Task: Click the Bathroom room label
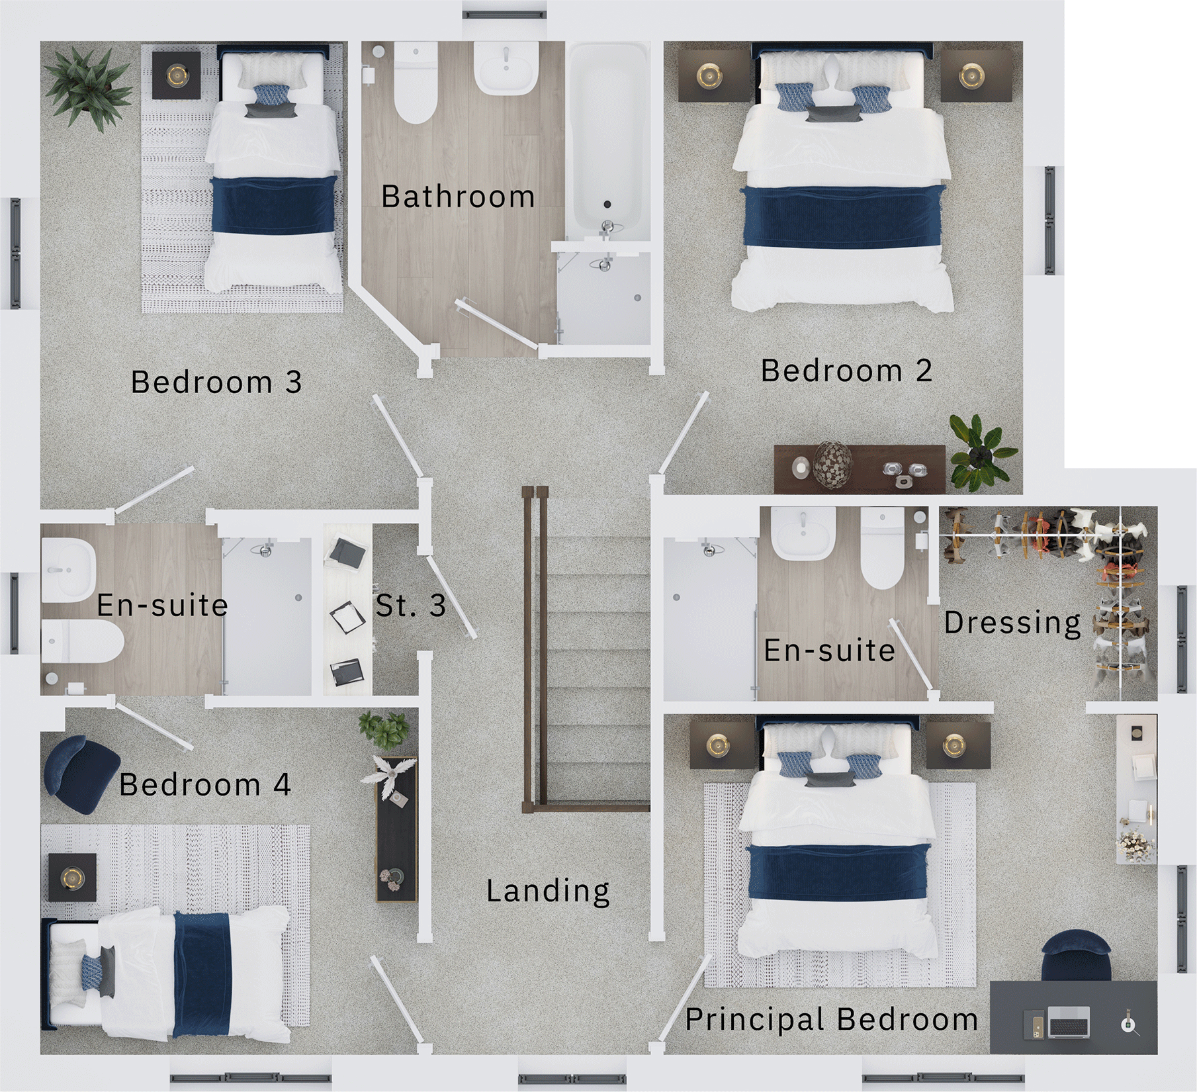click(458, 197)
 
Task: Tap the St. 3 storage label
click(410, 605)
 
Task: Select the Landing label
click(548, 891)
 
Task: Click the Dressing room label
click(1012, 623)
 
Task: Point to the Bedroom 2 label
click(846, 371)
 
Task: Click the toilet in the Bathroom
click(415, 86)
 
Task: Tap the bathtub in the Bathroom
click(607, 139)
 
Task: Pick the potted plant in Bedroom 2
click(980, 453)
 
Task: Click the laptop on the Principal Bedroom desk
click(1068, 1022)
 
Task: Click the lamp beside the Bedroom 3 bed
click(177, 75)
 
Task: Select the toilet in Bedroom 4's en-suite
click(83, 640)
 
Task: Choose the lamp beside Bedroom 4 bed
click(72, 878)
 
